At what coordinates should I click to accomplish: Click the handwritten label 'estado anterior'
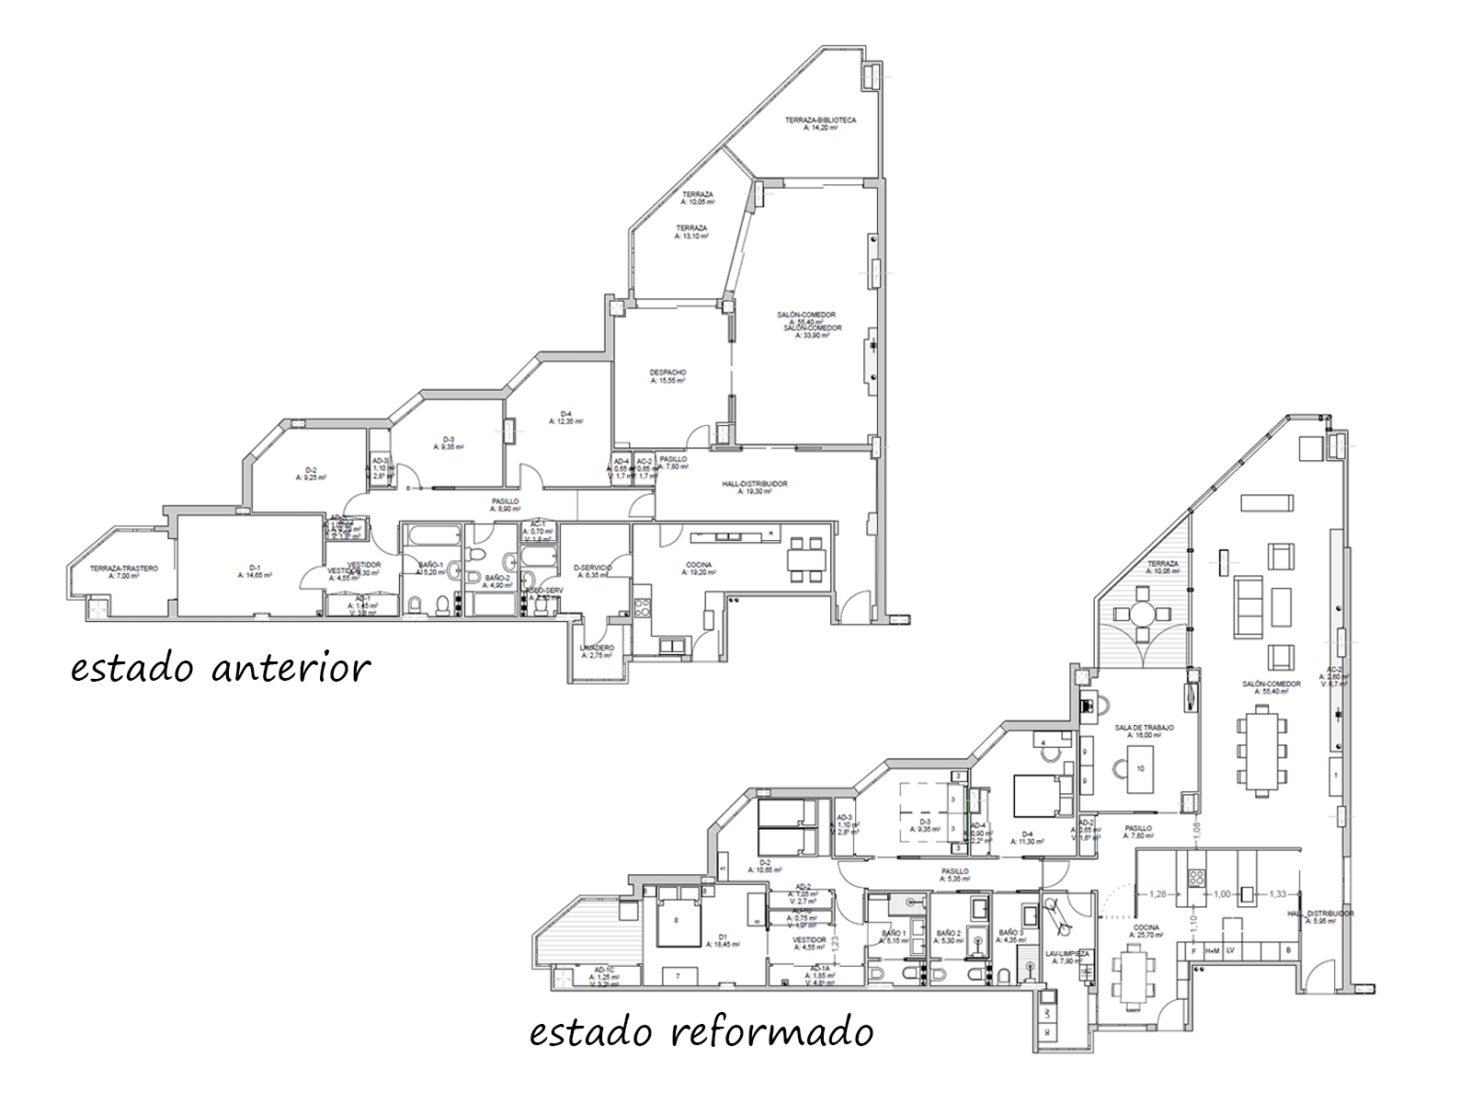coord(221,667)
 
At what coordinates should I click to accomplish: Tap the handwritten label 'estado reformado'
coord(701,1032)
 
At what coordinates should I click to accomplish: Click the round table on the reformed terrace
coord(1142,614)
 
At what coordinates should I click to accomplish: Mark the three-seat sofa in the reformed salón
coord(1247,607)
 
